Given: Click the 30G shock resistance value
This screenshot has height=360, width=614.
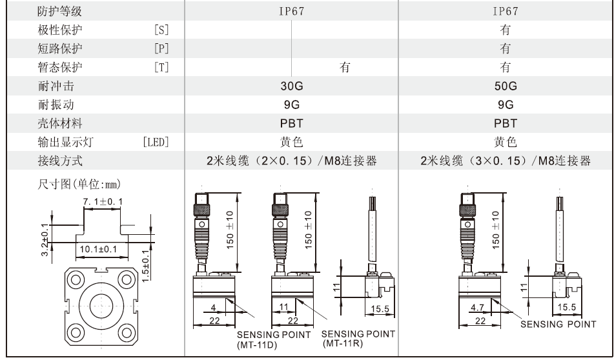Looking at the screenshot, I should (x=292, y=85).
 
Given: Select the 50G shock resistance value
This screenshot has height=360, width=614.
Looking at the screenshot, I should (x=506, y=85).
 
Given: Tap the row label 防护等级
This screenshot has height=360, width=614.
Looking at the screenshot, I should (x=60, y=11).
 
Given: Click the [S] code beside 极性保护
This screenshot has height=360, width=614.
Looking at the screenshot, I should (x=159, y=29).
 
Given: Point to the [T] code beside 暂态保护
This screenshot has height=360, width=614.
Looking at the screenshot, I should (x=159, y=66).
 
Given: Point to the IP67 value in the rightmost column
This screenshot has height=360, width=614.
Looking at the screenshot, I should (x=506, y=11).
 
